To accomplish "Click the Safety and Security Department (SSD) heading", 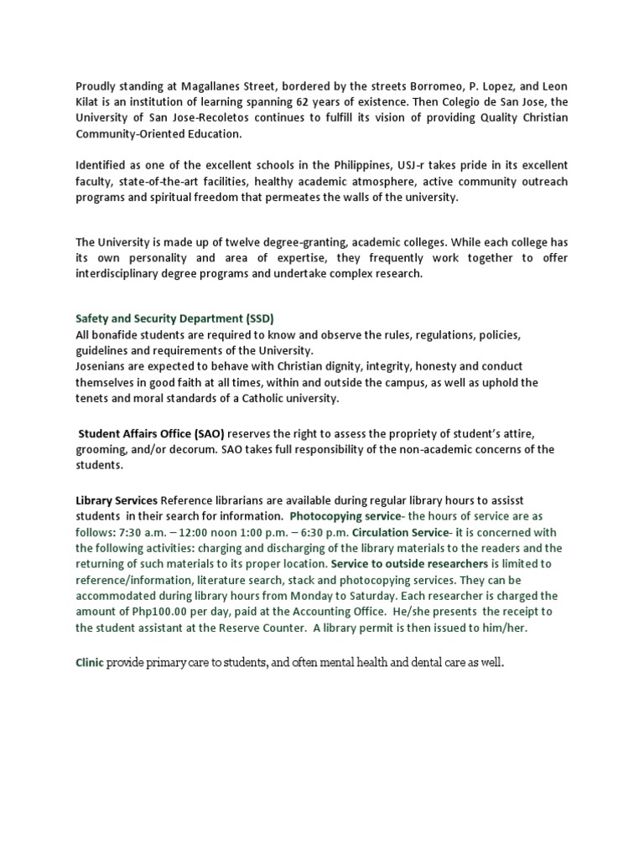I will [x=174, y=318].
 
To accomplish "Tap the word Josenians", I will [x=103, y=366].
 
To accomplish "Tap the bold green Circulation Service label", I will [x=401, y=532].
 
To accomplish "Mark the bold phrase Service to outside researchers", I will [x=409, y=564].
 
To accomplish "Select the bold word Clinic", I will [x=90, y=662].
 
